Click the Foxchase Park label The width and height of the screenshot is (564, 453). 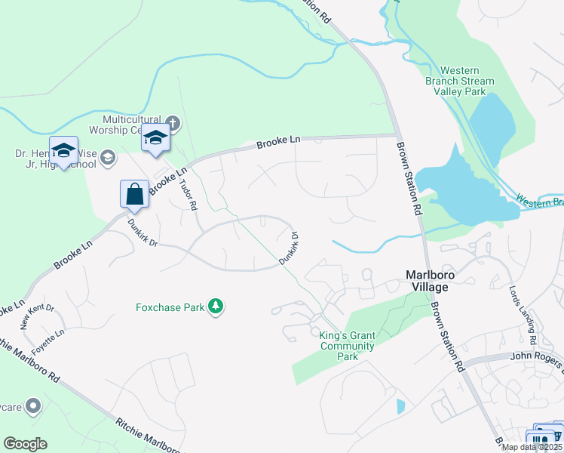[x=171, y=307]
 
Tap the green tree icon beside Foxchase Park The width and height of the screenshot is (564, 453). [x=217, y=306]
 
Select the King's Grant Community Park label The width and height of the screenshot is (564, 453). [x=347, y=341]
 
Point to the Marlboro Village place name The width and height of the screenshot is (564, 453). [x=437, y=281]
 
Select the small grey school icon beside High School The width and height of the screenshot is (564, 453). [x=108, y=158]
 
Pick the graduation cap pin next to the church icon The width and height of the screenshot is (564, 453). [x=156, y=139]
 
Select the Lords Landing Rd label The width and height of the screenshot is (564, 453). [x=533, y=312]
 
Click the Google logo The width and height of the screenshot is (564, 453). [x=25, y=444]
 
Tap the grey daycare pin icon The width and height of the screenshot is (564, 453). [x=32, y=407]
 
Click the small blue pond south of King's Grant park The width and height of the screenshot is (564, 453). [x=400, y=406]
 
